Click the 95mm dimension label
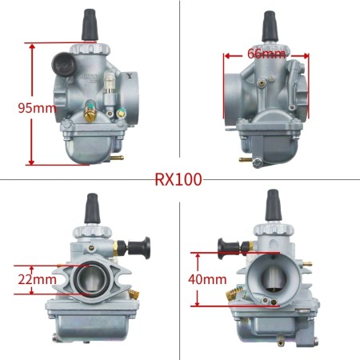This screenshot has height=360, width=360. (x=25, y=106)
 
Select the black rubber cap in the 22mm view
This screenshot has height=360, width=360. (x=90, y=206)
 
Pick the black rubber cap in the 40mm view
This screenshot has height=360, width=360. (x=273, y=205)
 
